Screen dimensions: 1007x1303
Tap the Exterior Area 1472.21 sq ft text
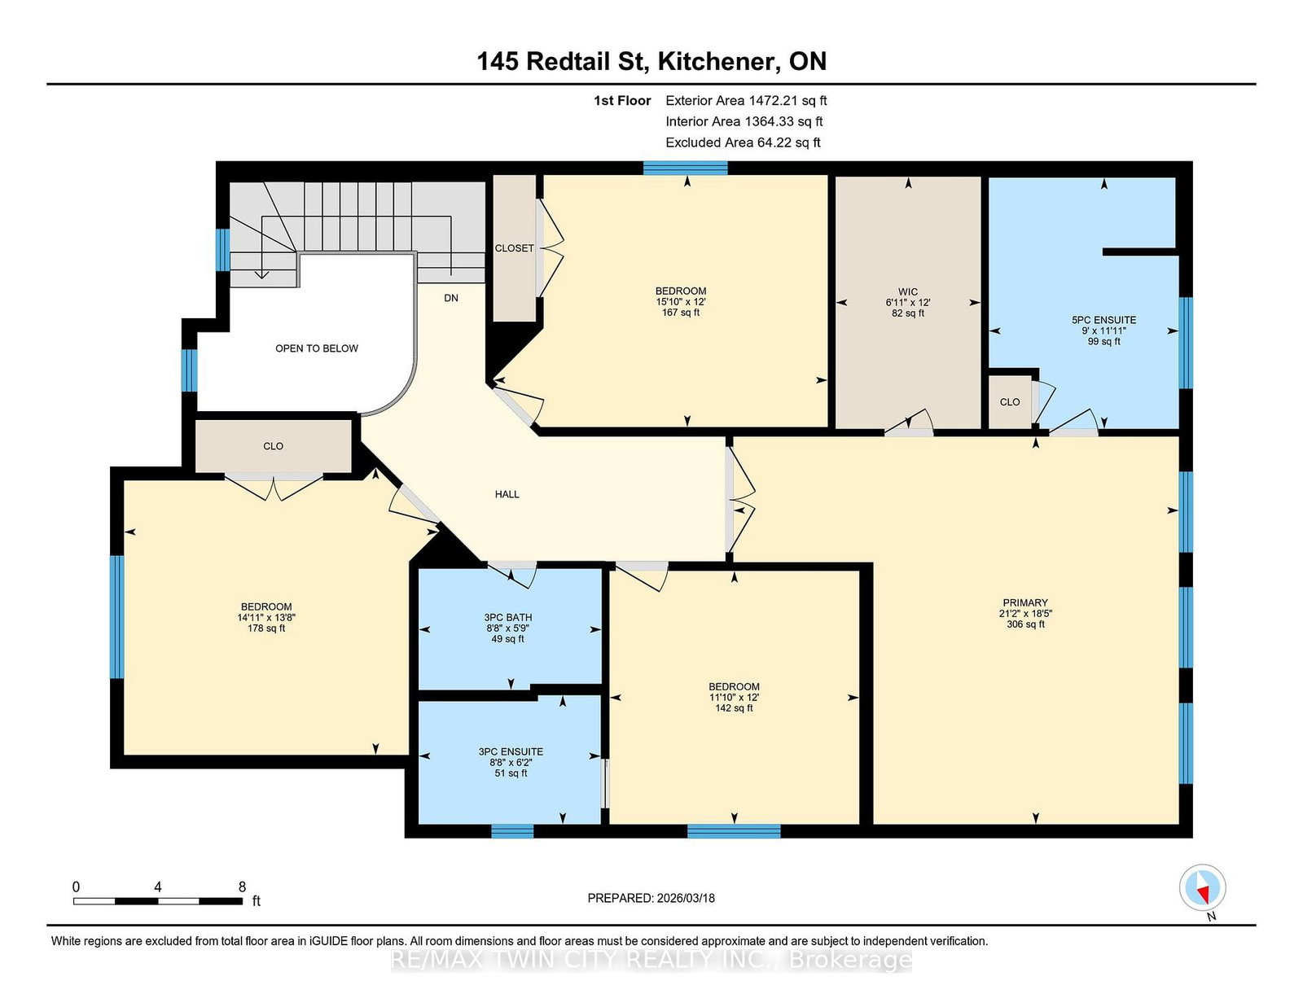point(745,101)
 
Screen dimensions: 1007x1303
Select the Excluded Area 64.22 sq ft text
point(742,142)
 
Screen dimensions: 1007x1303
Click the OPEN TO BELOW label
point(316,348)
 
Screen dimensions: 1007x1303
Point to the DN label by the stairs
point(451,298)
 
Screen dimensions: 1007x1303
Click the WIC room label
point(908,292)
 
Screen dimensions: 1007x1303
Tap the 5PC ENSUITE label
point(1103,321)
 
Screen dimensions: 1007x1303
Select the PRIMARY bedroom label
point(1025,603)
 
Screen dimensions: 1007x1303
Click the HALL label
point(507,494)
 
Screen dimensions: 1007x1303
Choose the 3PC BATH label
point(507,618)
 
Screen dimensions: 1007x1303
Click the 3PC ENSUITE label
point(511,752)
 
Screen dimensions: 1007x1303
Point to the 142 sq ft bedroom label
point(734,698)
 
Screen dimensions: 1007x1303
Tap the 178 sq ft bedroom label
point(266,618)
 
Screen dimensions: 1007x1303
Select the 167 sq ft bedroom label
point(681,302)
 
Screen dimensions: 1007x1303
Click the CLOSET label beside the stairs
point(514,248)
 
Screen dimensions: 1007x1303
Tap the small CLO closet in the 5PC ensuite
point(1010,402)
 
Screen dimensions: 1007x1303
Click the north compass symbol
point(1202,888)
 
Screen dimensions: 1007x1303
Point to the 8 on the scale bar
point(242,887)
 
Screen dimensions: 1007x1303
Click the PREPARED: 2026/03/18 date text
point(651,898)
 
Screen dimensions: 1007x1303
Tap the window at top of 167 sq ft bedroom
point(685,169)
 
